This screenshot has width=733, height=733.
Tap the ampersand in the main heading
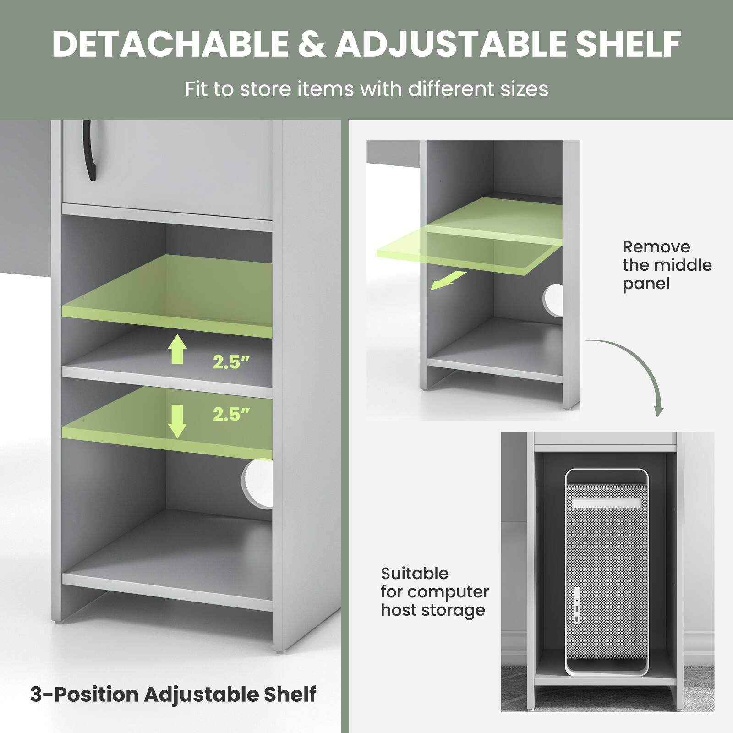coord(312,44)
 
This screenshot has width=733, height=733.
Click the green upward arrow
coord(177,349)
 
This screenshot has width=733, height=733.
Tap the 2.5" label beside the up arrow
coord(231,362)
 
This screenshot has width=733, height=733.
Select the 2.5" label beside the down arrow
coord(231,415)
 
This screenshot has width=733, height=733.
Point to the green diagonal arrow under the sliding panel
coord(448,280)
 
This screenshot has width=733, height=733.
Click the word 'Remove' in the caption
coord(656,247)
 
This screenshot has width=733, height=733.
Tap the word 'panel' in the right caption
coord(646,284)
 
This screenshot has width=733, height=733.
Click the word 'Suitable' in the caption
coord(415,574)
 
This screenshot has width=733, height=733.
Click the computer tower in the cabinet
coord(607,573)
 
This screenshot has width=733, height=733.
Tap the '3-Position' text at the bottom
coord(83,695)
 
